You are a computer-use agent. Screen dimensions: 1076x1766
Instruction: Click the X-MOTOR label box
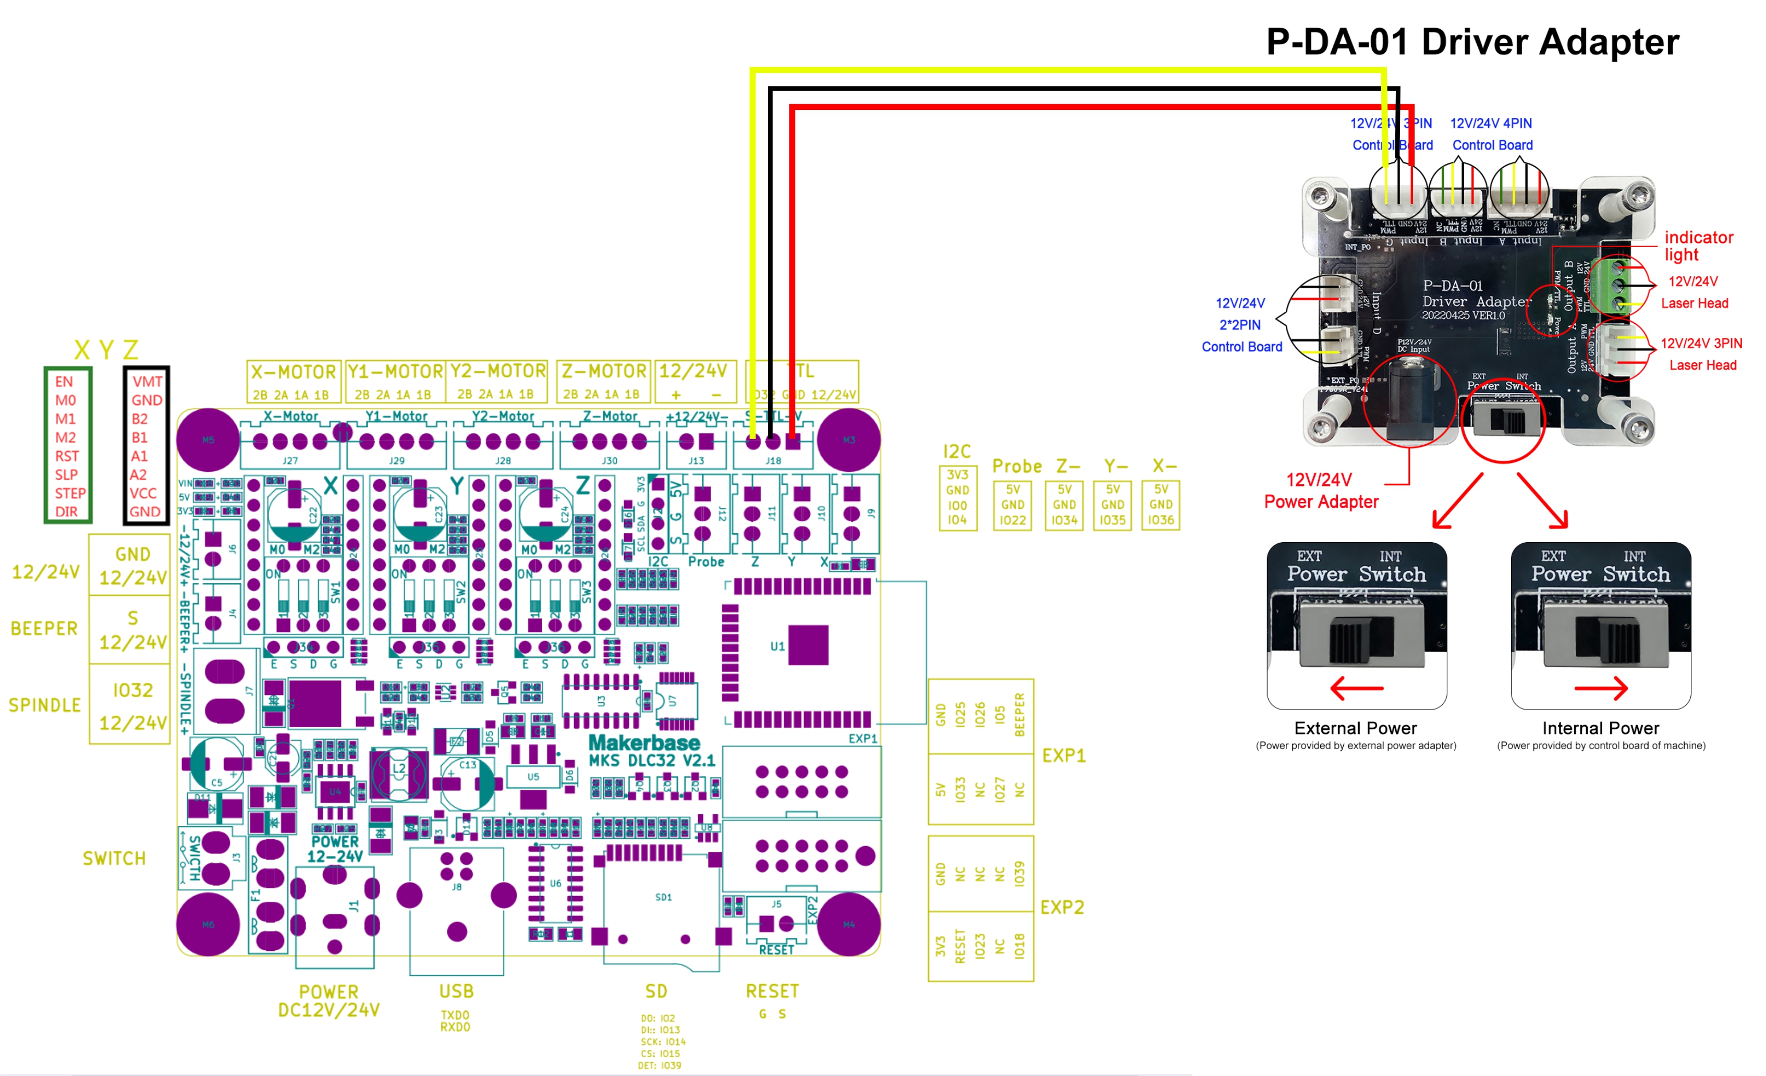[293, 381]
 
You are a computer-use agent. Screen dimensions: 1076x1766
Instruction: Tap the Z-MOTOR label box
[603, 381]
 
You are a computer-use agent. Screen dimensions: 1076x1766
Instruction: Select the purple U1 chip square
[808, 645]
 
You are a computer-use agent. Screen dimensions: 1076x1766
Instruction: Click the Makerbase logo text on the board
[643, 743]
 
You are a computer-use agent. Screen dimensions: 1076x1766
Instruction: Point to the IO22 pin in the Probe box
[1012, 520]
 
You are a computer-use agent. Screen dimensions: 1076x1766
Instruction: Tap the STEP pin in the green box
[69, 493]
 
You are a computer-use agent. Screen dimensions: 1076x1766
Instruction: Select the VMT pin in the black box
[147, 382]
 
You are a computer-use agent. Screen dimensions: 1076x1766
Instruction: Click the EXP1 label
[1064, 755]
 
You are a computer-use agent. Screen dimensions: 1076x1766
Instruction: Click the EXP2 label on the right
[1062, 907]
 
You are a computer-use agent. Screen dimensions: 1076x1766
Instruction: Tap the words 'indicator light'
[1698, 246]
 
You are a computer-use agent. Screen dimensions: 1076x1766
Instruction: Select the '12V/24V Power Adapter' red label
[1320, 491]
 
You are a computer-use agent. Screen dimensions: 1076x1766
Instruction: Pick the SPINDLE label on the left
[44, 705]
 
